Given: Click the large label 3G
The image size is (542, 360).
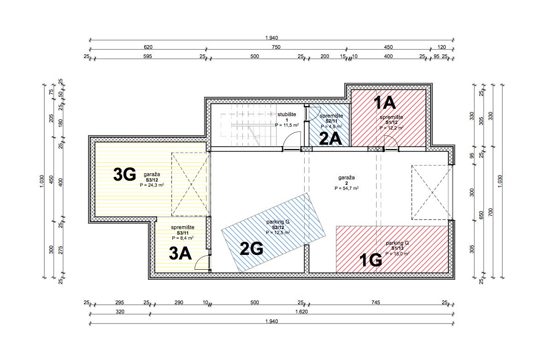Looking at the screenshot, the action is point(124,175).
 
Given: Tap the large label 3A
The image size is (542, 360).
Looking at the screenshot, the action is point(180,254).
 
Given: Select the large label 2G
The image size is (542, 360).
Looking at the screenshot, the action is point(252,248).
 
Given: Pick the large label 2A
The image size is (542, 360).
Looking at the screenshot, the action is point(330,139).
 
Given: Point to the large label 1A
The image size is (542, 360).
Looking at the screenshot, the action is point(385,103).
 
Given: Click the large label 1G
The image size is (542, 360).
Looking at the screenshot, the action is point(371,260).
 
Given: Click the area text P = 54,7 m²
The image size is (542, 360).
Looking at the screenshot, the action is point(347,189).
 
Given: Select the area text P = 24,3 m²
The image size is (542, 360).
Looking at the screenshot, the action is point(152,185).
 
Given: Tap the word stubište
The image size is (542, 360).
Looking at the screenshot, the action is point(287,114).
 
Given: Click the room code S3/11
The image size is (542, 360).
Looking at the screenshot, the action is point(183,233).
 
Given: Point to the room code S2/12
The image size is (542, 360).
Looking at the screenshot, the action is point(278,228).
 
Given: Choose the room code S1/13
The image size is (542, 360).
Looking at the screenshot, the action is point(397,248).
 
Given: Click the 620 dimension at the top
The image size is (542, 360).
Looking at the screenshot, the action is point(148,47).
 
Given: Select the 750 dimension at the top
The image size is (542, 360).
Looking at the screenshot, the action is point(276,47).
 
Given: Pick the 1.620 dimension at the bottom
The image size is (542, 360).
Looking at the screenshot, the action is point(301,312).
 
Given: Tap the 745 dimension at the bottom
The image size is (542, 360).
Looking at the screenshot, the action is point(376,302).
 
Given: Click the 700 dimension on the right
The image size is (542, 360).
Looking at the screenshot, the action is point(490,212).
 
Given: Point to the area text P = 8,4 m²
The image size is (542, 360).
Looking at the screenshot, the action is point(183,238).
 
